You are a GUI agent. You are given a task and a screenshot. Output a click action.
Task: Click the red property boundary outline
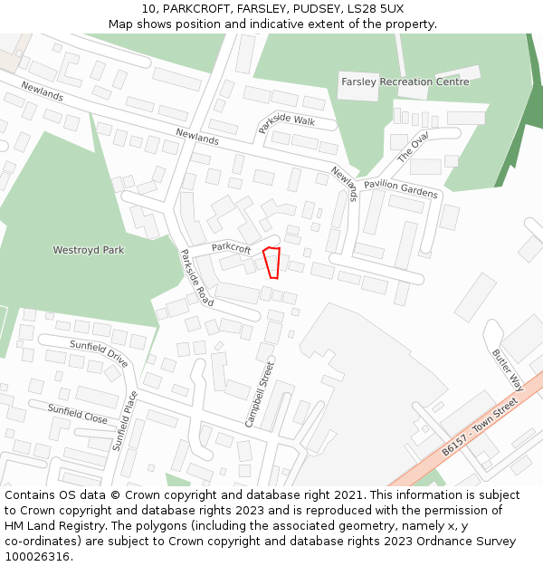(271, 262)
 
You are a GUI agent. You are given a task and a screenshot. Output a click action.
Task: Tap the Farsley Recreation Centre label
(405, 82)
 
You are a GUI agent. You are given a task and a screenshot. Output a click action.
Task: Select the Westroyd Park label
(89, 250)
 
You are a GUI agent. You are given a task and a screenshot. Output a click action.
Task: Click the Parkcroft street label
(231, 246)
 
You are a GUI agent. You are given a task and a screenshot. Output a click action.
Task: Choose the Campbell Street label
(259, 394)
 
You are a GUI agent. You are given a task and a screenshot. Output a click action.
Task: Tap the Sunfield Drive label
(99, 350)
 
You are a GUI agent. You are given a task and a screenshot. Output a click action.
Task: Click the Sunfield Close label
(78, 415)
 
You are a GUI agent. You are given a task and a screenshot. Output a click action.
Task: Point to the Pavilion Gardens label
(401, 188)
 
